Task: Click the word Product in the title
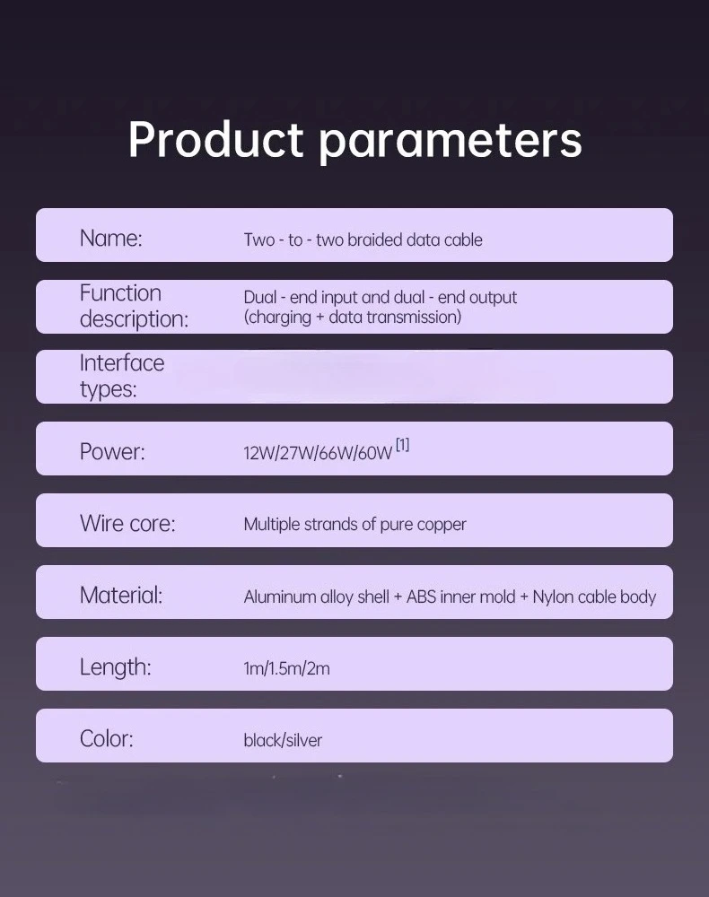click(215, 139)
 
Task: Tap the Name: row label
click(111, 238)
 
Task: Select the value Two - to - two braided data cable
click(363, 239)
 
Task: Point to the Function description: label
click(134, 306)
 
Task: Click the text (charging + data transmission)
click(353, 317)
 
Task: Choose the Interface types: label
click(122, 376)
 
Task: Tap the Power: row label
click(112, 452)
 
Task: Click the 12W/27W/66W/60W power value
click(318, 453)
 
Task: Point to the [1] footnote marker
click(403, 445)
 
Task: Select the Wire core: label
click(127, 524)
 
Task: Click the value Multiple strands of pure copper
click(354, 525)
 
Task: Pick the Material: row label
click(121, 595)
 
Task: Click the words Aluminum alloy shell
click(317, 597)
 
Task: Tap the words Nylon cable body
click(594, 597)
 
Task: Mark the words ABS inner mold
click(460, 597)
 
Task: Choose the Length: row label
click(116, 667)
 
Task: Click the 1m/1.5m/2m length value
click(286, 668)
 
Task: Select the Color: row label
click(107, 738)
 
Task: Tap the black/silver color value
click(283, 740)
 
